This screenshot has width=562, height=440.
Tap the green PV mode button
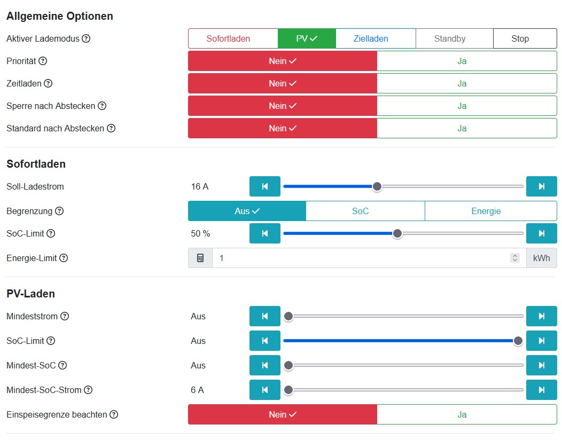pyautogui.click(x=307, y=38)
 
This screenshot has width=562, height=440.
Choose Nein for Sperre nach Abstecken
pyautogui.click(x=283, y=106)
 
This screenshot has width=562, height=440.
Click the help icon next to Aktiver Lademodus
pyautogui.click(x=86, y=38)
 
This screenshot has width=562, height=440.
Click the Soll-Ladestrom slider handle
pyautogui.click(x=377, y=186)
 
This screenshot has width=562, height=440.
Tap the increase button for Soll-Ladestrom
pyautogui.click(x=541, y=186)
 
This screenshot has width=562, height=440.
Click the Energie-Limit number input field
pyautogui.click(x=363, y=258)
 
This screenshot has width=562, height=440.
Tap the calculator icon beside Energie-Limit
pyautogui.click(x=200, y=258)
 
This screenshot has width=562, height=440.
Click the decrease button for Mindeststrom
pyautogui.click(x=264, y=316)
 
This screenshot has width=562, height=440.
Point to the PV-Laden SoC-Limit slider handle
pyautogui.click(x=518, y=341)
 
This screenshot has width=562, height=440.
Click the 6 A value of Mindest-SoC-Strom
pyautogui.click(x=197, y=390)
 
